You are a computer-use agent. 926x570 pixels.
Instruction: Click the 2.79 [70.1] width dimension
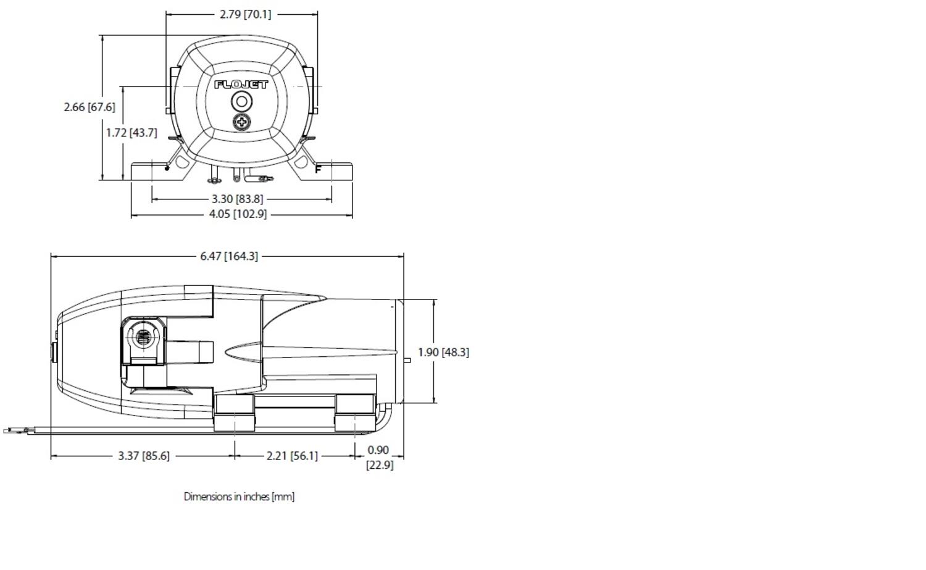(x=245, y=14)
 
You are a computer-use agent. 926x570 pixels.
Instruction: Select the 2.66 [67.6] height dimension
(x=90, y=107)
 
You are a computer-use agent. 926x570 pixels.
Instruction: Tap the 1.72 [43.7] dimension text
(x=131, y=132)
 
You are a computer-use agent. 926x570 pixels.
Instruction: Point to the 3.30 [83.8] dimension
(x=237, y=199)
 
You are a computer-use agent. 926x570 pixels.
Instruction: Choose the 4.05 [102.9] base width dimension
(x=238, y=214)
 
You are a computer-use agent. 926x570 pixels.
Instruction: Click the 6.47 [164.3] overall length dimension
(x=229, y=256)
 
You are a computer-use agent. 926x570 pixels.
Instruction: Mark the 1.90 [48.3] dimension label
(x=443, y=352)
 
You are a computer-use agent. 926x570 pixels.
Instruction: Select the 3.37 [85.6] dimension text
(x=144, y=456)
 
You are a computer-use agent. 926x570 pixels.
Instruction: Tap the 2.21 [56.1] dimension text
(x=292, y=456)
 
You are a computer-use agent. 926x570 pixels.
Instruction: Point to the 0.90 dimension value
(x=378, y=450)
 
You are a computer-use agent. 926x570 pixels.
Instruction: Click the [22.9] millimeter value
(x=380, y=464)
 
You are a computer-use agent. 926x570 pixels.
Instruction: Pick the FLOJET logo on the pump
(x=241, y=85)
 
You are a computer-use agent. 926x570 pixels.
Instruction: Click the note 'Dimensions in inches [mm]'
(x=239, y=497)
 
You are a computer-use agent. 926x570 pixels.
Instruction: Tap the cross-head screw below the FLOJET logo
(x=242, y=122)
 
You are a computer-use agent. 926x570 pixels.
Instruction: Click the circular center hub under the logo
(x=241, y=102)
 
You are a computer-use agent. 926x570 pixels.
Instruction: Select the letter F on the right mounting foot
(x=318, y=169)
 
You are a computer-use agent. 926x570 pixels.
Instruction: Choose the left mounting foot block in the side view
(x=234, y=413)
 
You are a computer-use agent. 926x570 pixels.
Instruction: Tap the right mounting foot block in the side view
(x=355, y=413)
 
